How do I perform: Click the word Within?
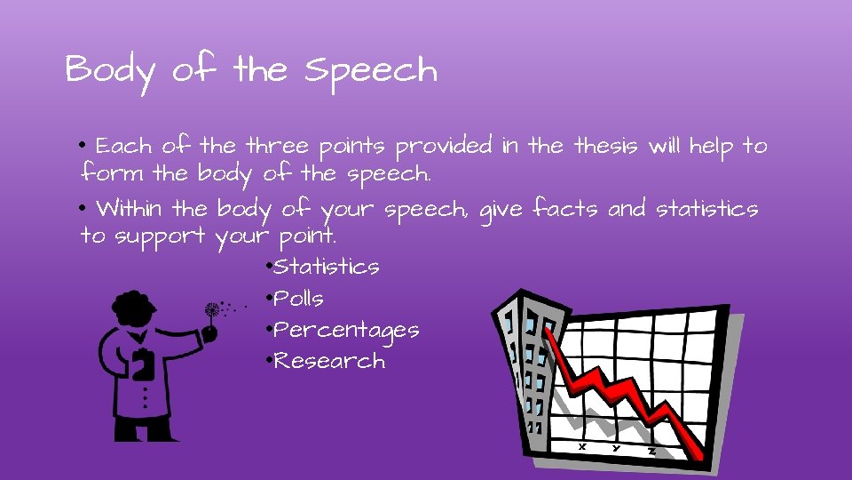(130, 210)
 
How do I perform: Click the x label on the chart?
(582, 446)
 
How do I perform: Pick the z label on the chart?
(651, 451)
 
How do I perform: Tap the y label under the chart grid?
(616, 447)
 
